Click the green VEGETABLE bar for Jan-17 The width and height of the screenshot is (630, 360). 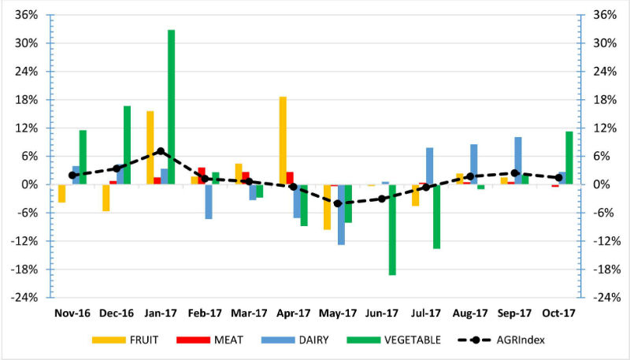pos(171,107)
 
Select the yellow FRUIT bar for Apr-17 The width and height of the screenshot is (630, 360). pos(283,141)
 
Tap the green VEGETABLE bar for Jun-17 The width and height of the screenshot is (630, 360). pos(392,230)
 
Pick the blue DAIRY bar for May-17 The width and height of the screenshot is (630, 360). pos(341,214)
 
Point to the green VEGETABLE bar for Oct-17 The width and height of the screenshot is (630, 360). pos(569,158)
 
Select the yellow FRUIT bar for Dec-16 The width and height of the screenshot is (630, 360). pos(106,198)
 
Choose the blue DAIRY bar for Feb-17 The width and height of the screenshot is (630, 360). pos(209,202)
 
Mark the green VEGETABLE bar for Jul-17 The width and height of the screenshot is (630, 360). pos(436,217)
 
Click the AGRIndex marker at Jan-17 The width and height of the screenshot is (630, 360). pos(161,151)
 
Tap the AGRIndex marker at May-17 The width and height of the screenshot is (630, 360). pos(338,204)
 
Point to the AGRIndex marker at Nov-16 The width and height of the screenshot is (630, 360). pos(72,175)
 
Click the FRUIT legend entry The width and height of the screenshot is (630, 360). pos(125,340)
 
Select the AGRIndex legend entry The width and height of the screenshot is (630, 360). pos(501,340)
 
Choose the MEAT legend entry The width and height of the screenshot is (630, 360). pos(209,340)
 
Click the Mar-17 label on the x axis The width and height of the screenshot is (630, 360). pos(249,313)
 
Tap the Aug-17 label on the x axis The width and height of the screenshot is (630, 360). pos(470,313)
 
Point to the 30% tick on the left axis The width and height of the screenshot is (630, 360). pos(27,43)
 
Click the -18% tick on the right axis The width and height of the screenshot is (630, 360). pos(605,269)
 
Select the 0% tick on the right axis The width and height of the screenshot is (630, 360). pos(602,185)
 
